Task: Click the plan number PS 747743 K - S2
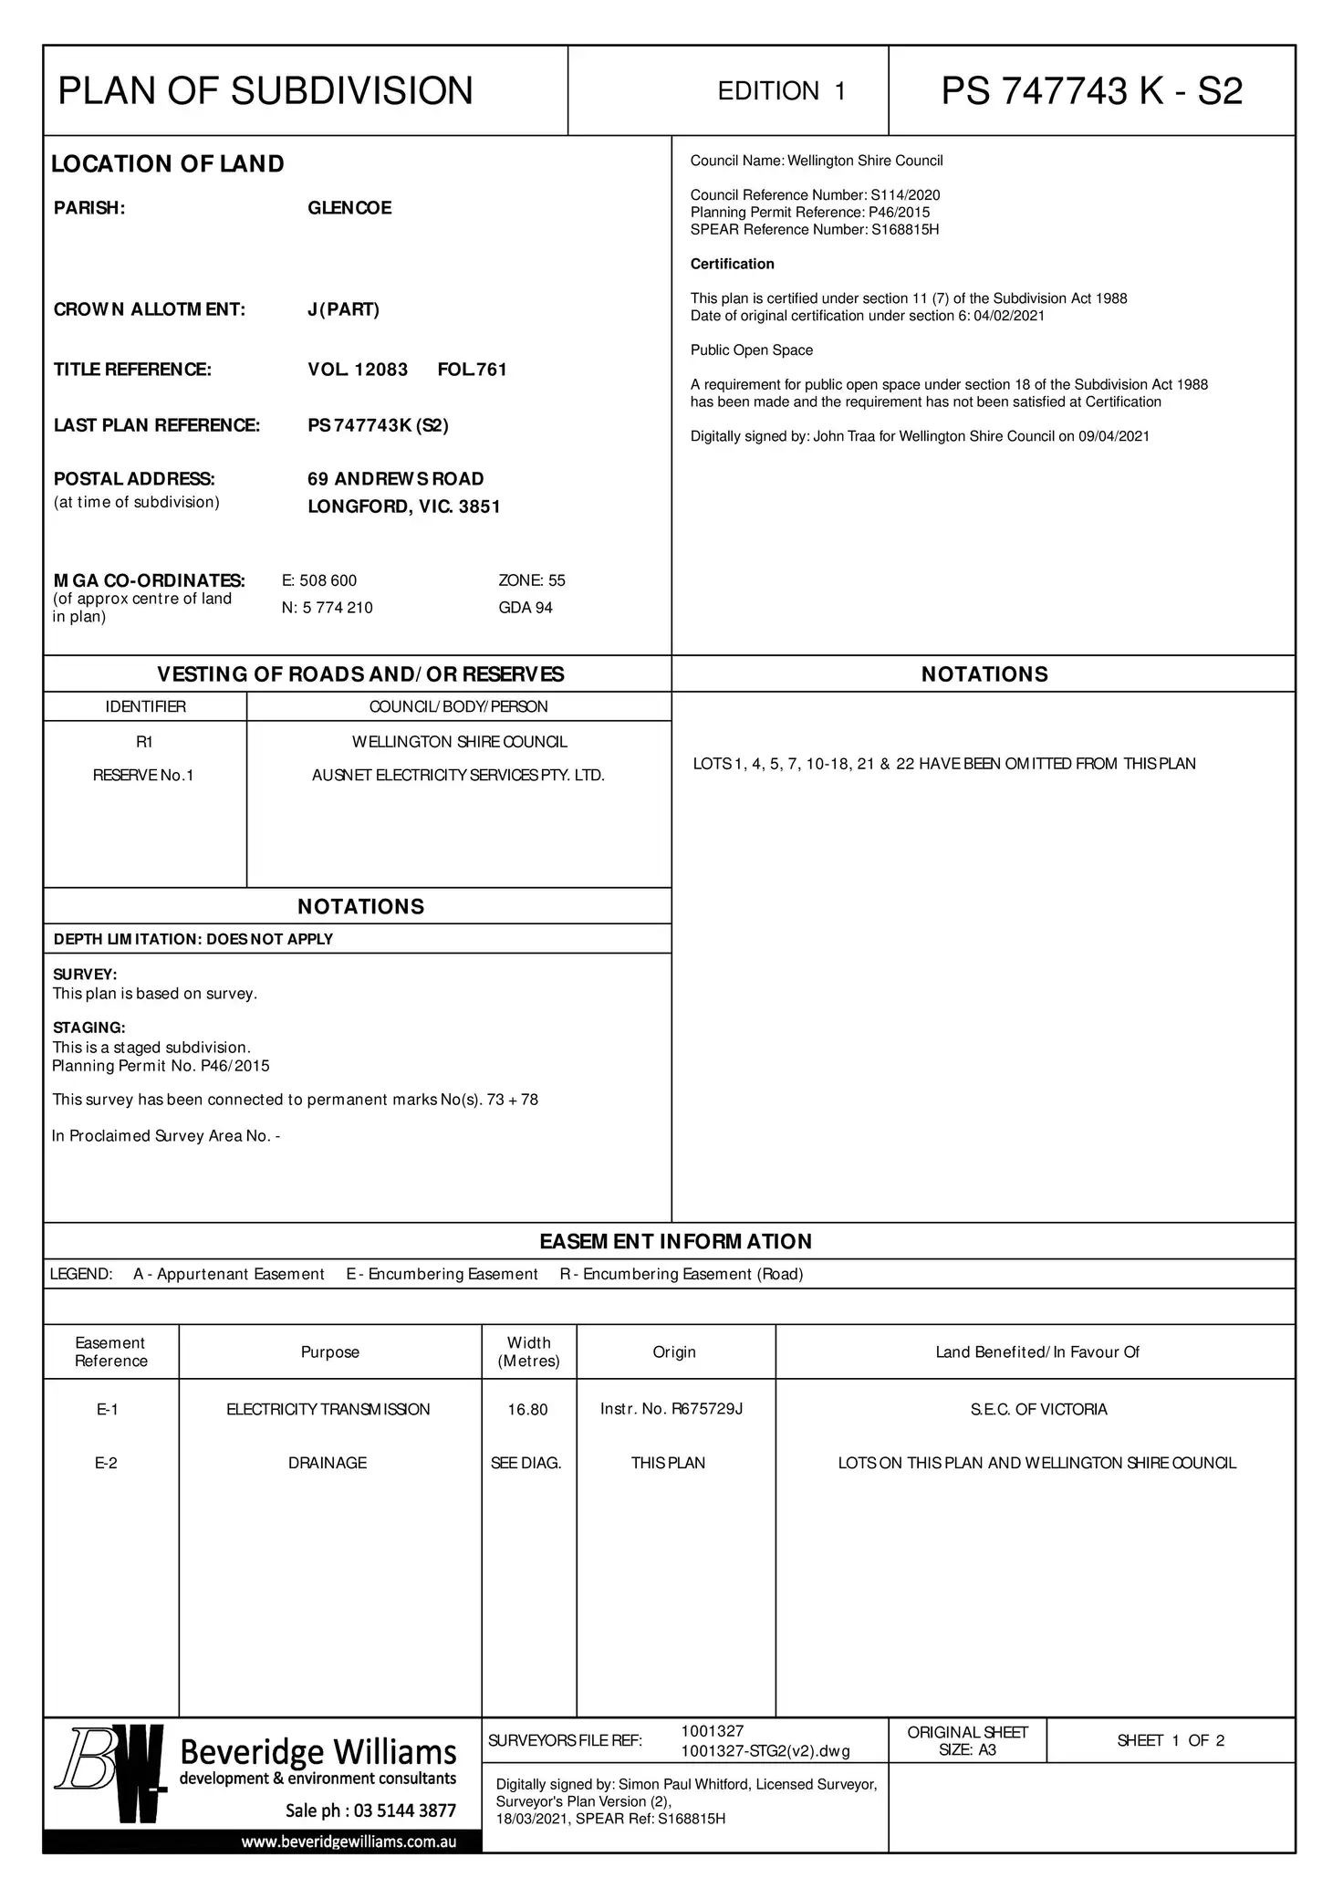(1091, 91)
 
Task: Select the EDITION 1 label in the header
(782, 91)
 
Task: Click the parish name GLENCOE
(349, 208)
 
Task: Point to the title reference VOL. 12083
(358, 370)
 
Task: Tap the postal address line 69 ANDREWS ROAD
(395, 479)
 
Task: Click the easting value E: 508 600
(319, 580)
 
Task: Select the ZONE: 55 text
(532, 580)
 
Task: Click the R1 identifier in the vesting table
(144, 742)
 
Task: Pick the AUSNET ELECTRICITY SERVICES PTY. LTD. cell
(458, 776)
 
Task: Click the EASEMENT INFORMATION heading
(675, 1241)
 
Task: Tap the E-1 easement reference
(108, 1410)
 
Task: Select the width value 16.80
(527, 1410)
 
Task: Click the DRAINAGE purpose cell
(328, 1463)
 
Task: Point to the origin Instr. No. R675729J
(671, 1409)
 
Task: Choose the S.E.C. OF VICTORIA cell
(1038, 1410)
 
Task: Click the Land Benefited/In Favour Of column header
(1037, 1352)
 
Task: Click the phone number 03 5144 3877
(404, 1810)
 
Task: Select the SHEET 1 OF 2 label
(1171, 1741)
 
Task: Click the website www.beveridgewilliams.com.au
(349, 1842)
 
